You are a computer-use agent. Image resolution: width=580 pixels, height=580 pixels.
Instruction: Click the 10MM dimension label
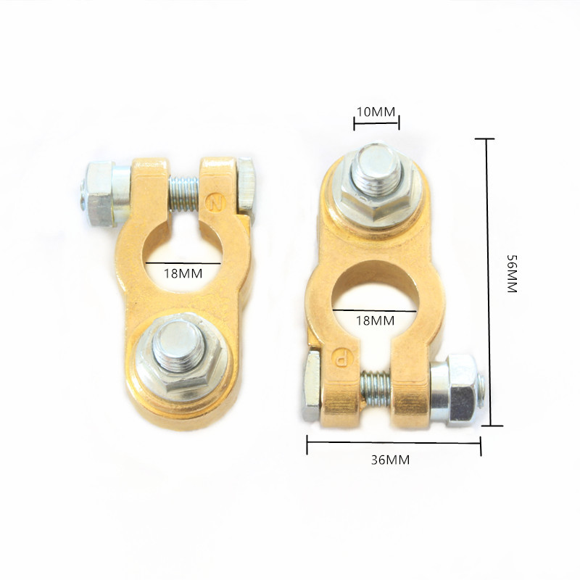coord(376,112)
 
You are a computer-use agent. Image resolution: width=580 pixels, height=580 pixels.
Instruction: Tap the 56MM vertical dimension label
coord(512,274)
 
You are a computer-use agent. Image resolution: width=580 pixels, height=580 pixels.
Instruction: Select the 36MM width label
coord(390,460)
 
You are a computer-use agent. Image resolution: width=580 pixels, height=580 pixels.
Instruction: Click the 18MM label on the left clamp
coord(183,274)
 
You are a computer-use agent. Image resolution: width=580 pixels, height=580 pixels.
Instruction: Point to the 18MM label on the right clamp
coord(375,320)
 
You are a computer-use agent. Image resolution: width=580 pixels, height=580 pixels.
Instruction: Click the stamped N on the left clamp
coord(215,202)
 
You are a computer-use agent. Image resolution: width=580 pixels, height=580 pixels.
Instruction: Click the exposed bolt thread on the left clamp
coord(184,194)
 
